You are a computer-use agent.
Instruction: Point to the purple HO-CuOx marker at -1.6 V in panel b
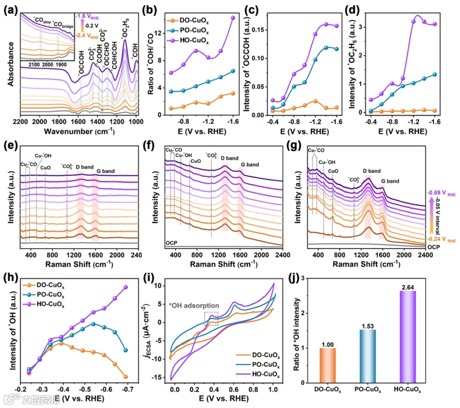(233, 18)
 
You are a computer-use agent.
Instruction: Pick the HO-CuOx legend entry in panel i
(260, 375)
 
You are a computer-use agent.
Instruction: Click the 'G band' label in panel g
(390, 181)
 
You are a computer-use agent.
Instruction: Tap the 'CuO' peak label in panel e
(46, 167)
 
